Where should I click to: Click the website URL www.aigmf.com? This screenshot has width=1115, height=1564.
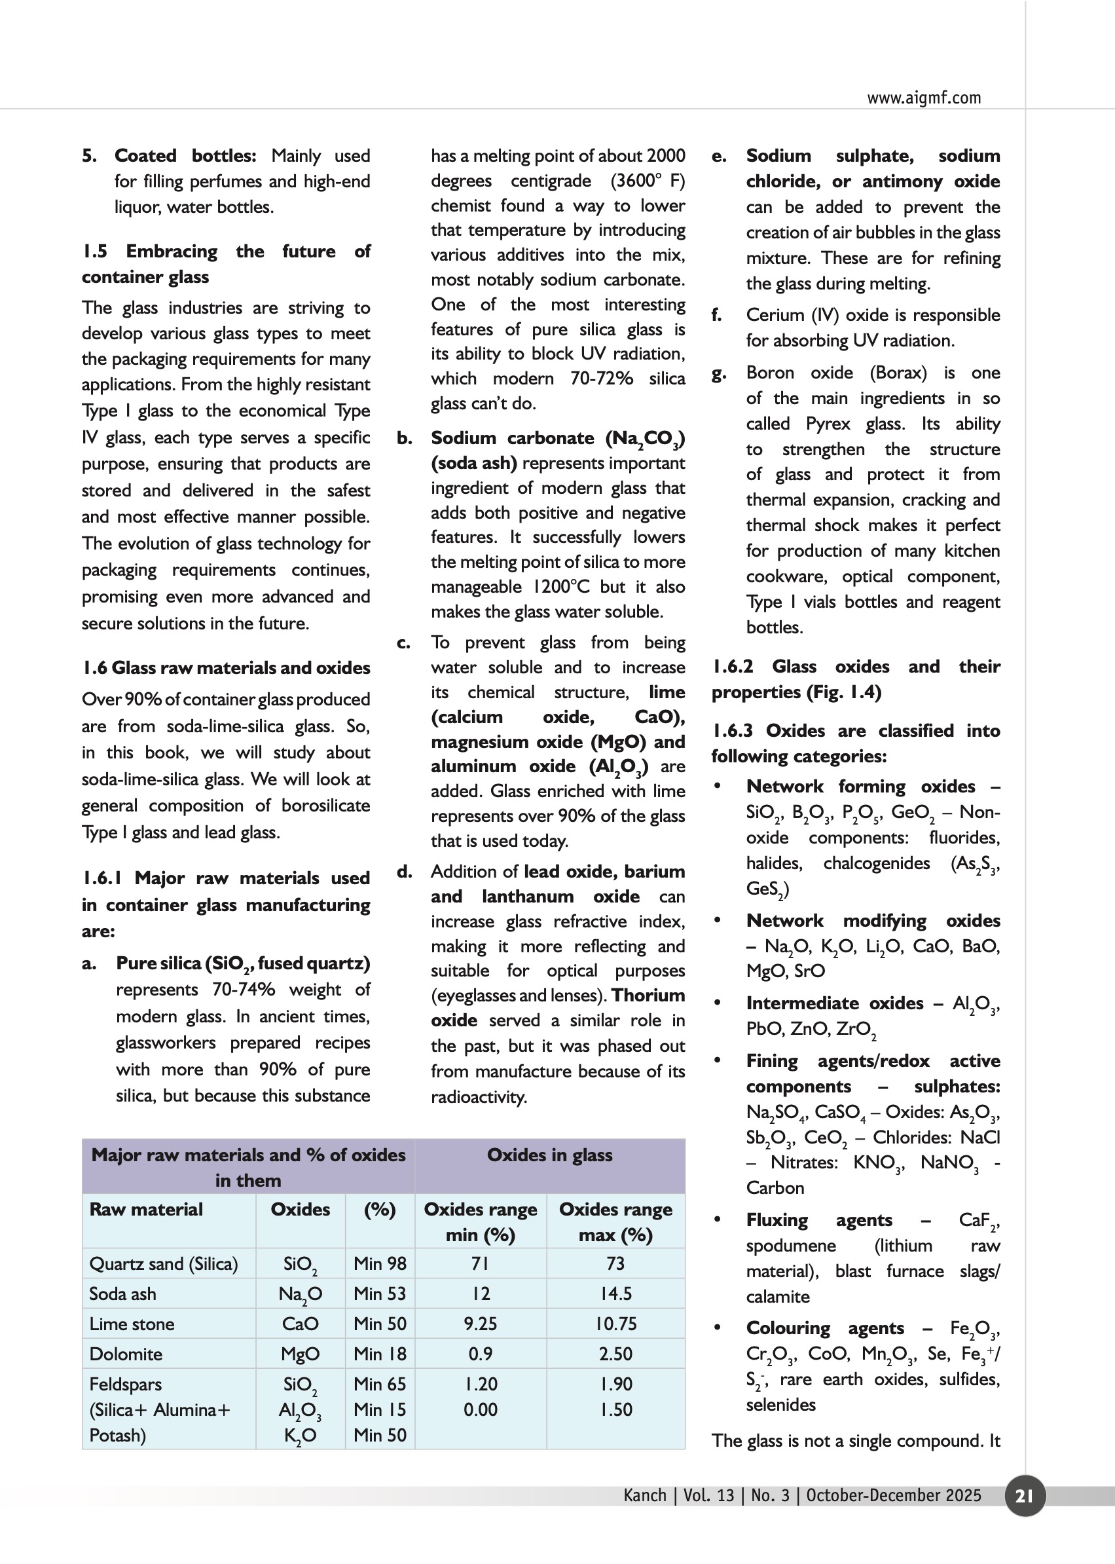[x=923, y=98]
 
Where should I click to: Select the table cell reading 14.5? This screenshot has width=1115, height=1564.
[x=615, y=1294]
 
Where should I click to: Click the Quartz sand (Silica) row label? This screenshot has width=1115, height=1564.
[x=164, y=1263]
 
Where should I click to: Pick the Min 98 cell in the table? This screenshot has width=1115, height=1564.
[x=380, y=1263]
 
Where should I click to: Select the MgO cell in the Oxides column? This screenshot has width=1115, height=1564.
[x=300, y=1354]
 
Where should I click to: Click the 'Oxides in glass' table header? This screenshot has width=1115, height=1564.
[x=549, y=1155]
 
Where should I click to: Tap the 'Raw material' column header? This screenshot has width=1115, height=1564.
[x=146, y=1210]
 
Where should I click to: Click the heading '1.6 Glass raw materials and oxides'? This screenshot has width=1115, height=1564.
[x=226, y=667]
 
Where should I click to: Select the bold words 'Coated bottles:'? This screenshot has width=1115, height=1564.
[x=185, y=156]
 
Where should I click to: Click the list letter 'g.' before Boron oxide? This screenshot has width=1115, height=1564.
[x=718, y=374]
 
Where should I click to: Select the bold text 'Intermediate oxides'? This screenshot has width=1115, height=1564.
[x=834, y=1003]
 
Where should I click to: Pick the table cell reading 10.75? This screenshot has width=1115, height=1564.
[x=615, y=1324]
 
